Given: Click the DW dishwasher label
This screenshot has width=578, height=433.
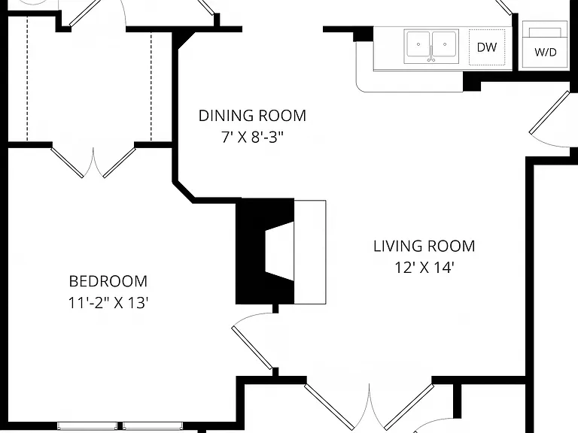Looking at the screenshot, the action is (x=487, y=47).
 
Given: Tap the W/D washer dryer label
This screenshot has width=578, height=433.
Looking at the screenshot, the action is (x=545, y=52).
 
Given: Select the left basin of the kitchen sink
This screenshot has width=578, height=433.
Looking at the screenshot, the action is (x=418, y=44).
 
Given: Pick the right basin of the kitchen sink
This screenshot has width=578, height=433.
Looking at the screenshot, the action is (x=445, y=44).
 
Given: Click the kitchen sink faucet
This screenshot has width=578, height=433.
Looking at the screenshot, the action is (x=431, y=54).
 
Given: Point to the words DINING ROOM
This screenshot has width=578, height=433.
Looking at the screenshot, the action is (x=252, y=116).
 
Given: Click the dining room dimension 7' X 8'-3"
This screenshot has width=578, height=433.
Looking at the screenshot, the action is (x=252, y=138).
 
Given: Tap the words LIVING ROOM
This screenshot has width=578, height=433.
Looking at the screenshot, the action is (x=424, y=246).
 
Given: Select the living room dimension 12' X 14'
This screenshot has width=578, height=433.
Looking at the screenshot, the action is (x=424, y=268).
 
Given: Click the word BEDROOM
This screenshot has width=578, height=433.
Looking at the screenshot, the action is (x=108, y=281).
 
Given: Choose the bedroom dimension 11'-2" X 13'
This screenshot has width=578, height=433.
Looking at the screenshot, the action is (x=108, y=303).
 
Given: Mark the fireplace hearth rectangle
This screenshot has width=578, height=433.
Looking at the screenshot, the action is (x=310, y=253).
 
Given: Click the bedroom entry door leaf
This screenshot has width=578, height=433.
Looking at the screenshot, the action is (x=252, y=347).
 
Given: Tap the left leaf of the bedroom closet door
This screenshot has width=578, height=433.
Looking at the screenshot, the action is (x=67, y=162).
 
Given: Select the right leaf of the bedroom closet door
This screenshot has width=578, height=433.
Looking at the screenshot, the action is (x=120, y=162).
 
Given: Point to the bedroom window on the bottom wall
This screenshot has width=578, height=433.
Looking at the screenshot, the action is (x=120, y=426).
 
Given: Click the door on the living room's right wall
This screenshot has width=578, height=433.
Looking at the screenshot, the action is (x=549, y=112).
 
